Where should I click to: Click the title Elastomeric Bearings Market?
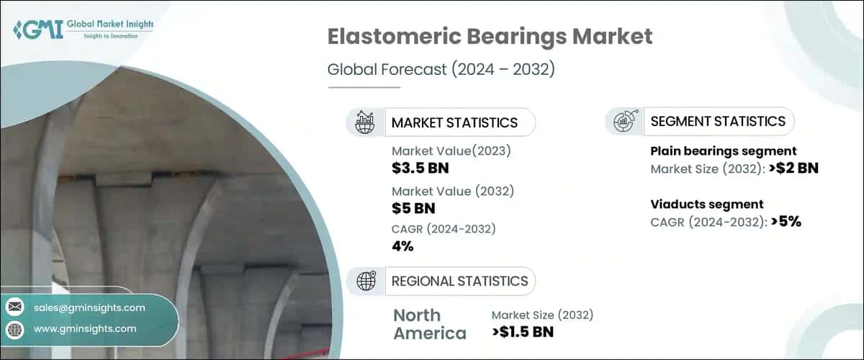click(x=490, y=38)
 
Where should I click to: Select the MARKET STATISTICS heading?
click(x=454, y=122)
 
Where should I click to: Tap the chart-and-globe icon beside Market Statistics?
click(x=364, y=122)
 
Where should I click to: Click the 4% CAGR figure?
click(x=402, y=247)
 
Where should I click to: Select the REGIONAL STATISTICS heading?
click(x=459, y=281)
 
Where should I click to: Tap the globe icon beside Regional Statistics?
click(x=365, y=281)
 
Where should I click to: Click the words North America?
click(x=430, y=324)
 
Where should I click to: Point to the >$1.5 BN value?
click(x=523, y=332)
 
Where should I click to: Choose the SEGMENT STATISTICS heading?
click(x=718, y=121)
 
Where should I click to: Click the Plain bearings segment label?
click(x=723, y=151)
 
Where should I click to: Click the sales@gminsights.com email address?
click(x=89, y=307)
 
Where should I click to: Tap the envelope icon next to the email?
click(x=15, y=307)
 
